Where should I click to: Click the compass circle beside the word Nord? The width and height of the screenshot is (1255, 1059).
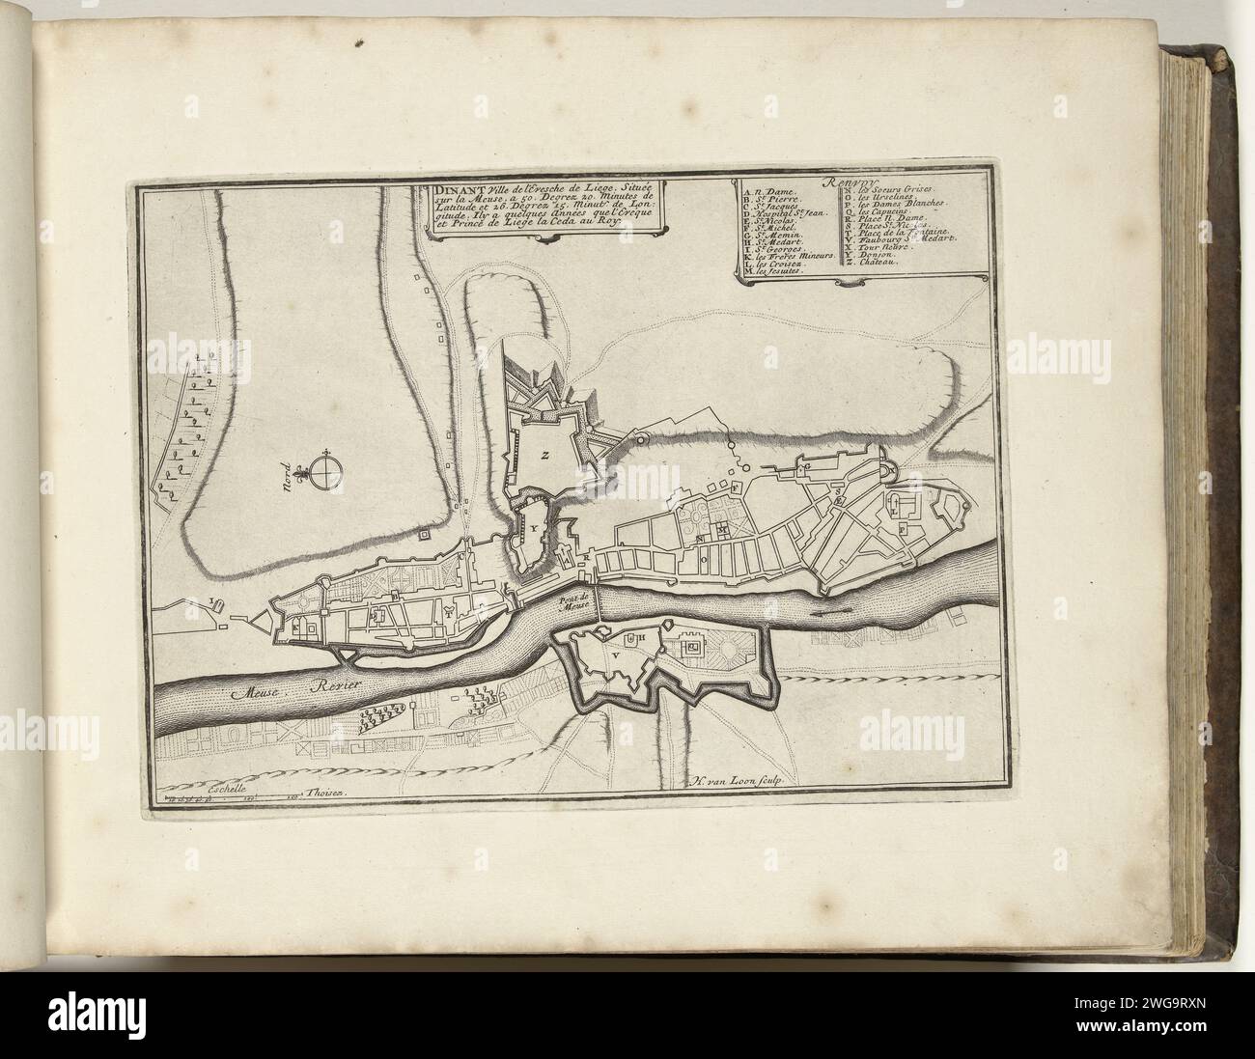click(x=328, y=471)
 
